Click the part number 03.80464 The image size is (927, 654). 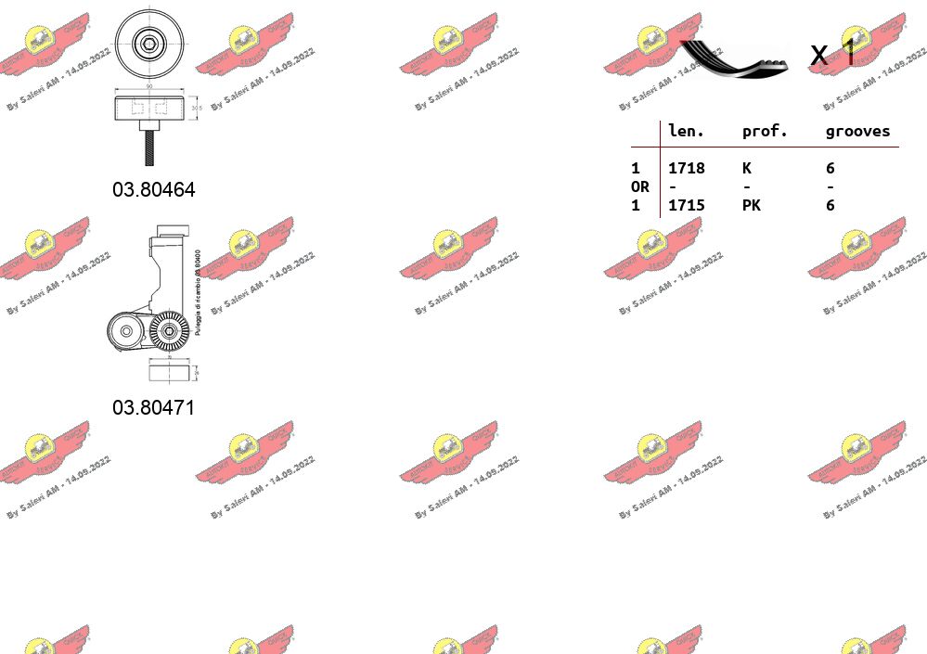coord(154,189)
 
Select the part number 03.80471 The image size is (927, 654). coord(154,407)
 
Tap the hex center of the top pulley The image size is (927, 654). coord(148,43)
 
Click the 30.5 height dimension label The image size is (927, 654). coord(195,108)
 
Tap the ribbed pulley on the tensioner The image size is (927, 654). coord(170,330)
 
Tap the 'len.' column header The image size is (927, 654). coord(687,132)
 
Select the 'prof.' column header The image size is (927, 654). coord(765,132)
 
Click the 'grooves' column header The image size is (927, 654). coord(857,132)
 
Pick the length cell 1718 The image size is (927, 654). coord(687,168)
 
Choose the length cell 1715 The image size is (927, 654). coord(687,205)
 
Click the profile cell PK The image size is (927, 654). coord(751,205)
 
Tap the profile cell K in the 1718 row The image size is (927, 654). coord(746,168)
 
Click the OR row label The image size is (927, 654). coord(640,186)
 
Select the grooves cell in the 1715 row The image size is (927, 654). coord(830,205)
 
